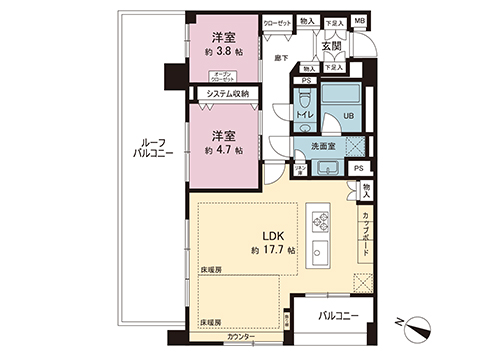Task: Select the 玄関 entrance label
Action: click(331, 46)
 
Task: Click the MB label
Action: click(360, 19)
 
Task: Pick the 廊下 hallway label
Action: click(281, 60)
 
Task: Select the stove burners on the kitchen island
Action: click(323, 218)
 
